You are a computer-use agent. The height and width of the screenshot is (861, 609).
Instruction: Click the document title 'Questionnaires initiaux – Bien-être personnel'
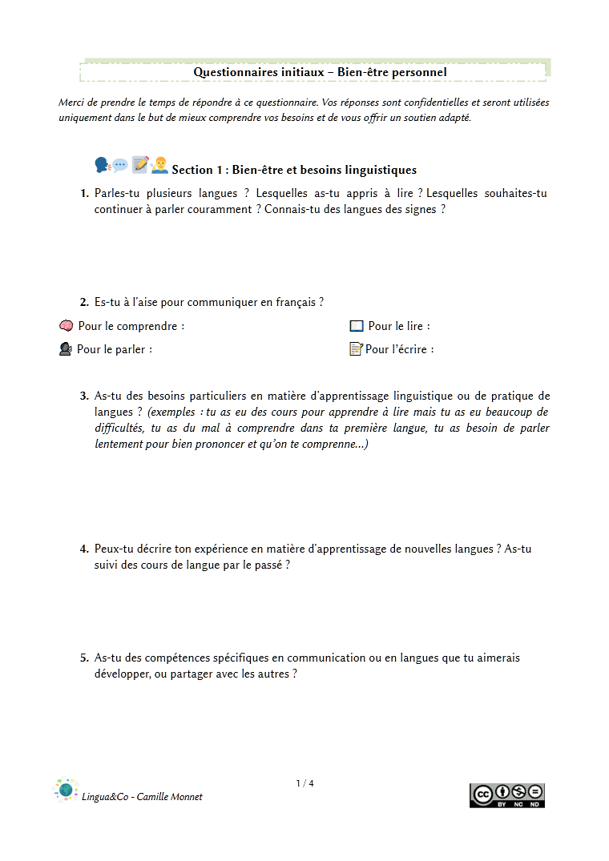[319, 72]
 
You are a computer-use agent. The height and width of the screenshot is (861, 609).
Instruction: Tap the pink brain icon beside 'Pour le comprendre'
[67, 326]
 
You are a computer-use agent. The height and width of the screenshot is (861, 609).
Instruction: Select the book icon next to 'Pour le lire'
[357, 326]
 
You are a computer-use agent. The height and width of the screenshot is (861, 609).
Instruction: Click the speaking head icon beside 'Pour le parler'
[66, 349]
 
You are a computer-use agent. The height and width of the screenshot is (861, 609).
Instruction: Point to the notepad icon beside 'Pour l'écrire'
[357, 349]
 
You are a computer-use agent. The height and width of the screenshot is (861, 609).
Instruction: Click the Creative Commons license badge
[506, 795]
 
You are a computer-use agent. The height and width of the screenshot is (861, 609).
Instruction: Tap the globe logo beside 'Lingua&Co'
[66, 791]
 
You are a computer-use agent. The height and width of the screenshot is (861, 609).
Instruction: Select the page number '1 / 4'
[304, 783]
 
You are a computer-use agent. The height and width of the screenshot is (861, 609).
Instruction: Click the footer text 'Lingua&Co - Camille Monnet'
[142, 797]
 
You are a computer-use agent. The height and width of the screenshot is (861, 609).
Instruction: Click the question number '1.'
[84, 194]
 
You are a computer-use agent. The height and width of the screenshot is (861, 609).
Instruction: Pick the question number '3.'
[84, 396]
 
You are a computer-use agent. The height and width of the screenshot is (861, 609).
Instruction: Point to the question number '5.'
[84, 658]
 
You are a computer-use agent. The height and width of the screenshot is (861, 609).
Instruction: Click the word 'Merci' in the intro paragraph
[71, 103]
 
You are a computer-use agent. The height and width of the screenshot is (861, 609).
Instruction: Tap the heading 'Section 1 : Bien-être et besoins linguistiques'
[294, 170]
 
